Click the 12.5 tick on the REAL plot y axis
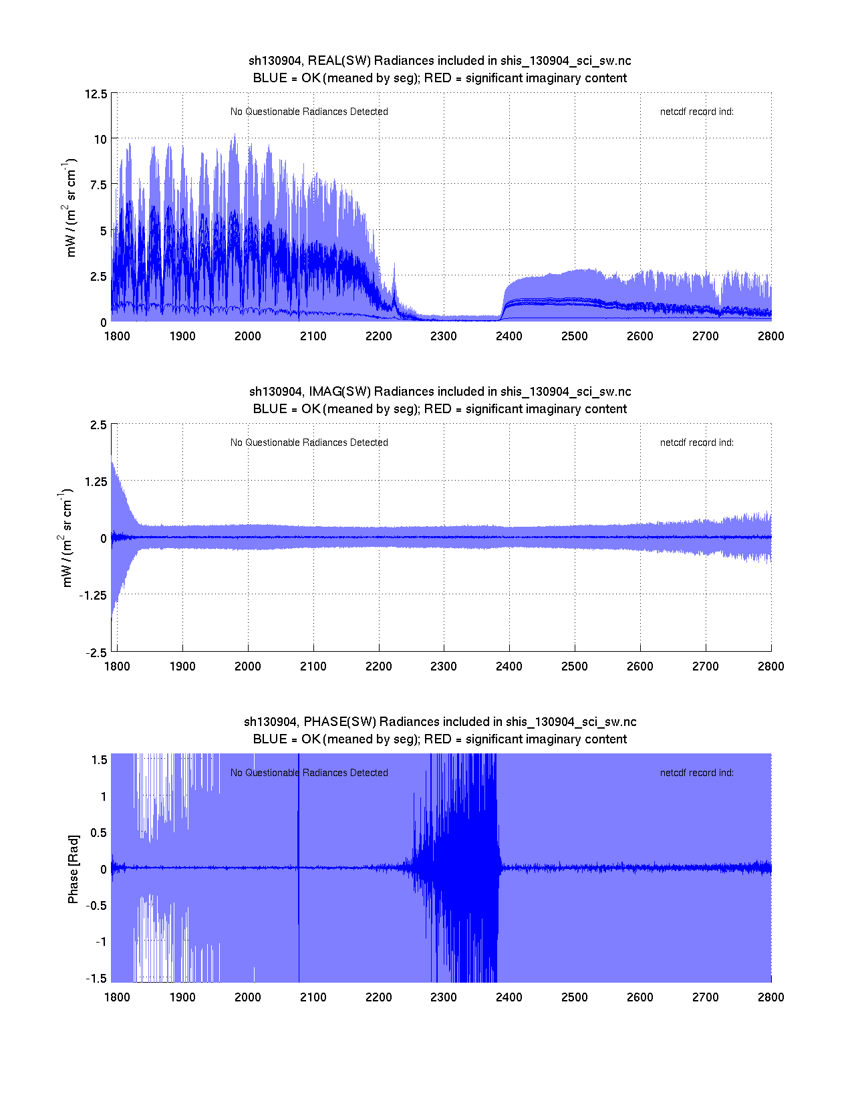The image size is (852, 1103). point(96,94)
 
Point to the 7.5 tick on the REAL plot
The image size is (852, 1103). point(98,185)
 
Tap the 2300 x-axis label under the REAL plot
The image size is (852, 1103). point(443,336)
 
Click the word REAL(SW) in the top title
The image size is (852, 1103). point(339,61)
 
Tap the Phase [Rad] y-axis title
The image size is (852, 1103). point(74,869)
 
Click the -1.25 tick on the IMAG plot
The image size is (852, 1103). point(92,596)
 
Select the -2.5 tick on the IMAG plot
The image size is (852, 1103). point(96,653)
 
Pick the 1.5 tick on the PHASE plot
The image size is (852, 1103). point(100,760)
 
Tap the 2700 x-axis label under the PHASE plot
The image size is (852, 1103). point(705,997)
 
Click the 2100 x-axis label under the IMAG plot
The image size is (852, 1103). point(313,666)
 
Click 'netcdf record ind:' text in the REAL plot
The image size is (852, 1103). point(696,112)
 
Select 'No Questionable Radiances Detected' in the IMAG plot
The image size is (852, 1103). point(309,443)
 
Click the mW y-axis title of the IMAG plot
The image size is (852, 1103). point(67,538)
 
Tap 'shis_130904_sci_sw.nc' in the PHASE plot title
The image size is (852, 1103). point(571,722)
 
